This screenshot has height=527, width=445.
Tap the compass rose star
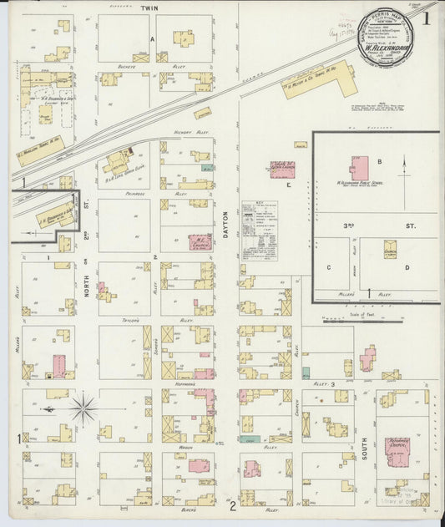click(82, 409)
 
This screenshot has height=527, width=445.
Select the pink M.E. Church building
click(199, 241)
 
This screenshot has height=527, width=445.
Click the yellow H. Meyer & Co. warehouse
click(318, 81)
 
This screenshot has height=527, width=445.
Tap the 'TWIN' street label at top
click(149, 8)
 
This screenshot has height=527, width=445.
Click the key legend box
click(259, 231)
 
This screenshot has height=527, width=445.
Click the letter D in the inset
click(407, 267)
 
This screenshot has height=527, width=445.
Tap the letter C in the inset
click(330, 267)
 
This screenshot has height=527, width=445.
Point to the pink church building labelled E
click(282, 170)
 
